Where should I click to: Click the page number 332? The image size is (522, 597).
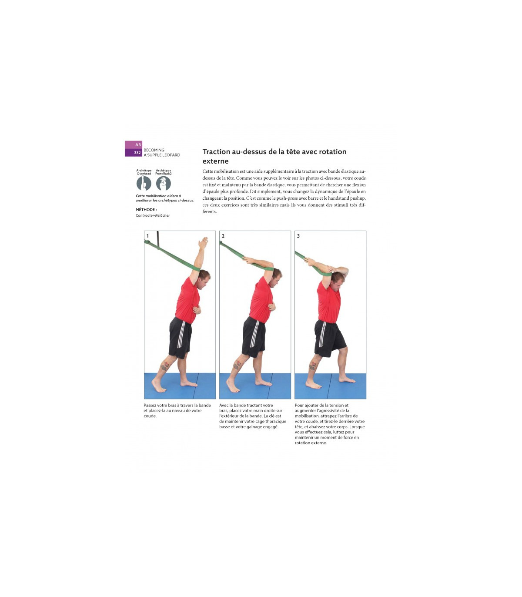click(137, 153)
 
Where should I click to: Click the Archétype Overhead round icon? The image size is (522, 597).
click(144, 183)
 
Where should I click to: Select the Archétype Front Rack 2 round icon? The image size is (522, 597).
click(163, 183)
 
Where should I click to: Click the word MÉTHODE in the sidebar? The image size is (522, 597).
click(145, 209)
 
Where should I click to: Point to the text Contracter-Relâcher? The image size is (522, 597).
click(153, 215)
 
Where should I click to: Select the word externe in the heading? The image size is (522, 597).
click(215, 161)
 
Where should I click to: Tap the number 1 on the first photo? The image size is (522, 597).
click(147, 236)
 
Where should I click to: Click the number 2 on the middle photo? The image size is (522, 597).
click(223, 236)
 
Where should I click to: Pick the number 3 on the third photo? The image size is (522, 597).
click(298, 236)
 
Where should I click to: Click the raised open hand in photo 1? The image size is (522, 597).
click(203, 242)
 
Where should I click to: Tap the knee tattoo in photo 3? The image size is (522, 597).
click(313, 366)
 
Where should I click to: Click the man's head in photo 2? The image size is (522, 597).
click(276, 278)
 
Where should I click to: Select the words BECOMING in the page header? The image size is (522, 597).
click(154, 150)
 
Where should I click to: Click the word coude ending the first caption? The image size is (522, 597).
click(150, 416)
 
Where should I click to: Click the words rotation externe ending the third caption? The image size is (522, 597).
click(311, 443)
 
